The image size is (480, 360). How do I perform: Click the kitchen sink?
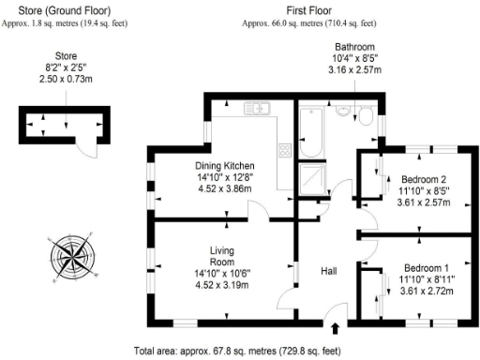pos(257,110)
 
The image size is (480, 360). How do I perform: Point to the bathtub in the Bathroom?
pos(312,135)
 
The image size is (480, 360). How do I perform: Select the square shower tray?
pos(310,179)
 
